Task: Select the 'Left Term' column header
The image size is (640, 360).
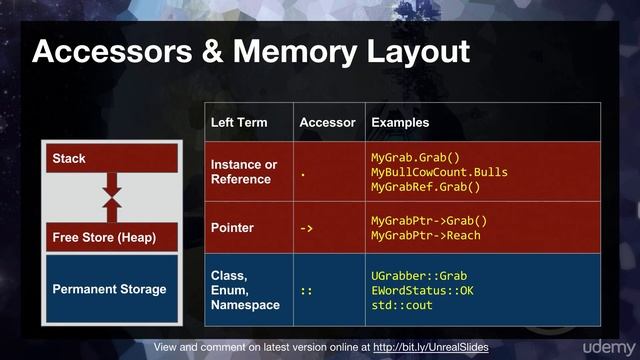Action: [239, 122]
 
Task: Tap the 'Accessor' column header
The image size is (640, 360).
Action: [327, 122]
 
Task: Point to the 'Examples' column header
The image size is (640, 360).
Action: [400, 122]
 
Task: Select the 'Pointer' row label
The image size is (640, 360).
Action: [232, 228]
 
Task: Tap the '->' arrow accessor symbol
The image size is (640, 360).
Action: [307, 229]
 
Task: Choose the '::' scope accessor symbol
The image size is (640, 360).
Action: [307, 290]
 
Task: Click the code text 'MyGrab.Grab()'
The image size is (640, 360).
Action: [415, 157]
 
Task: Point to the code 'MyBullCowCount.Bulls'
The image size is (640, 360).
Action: [439, 172]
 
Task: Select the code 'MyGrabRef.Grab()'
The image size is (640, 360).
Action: [425, 187]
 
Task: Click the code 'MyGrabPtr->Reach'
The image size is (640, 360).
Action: [425, 236]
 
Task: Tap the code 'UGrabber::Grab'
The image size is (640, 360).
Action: [419, 275]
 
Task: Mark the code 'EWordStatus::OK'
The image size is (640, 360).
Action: [422, 290]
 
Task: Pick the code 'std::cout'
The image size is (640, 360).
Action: [401, 305]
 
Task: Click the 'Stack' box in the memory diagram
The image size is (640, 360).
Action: [112, 158]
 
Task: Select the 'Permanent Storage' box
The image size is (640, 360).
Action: [109, 290]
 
